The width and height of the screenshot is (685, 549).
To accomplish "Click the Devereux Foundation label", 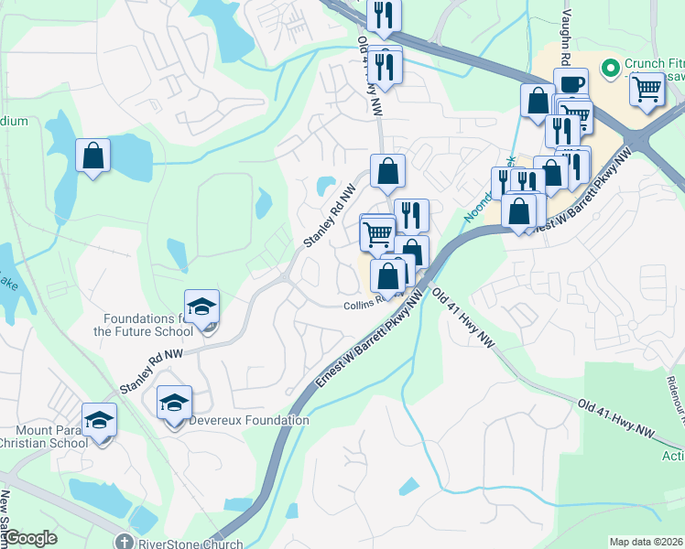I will (248, 420).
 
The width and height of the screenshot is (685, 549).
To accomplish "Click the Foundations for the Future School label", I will (142, 325).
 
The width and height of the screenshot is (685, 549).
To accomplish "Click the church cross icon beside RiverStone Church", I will (125, 542).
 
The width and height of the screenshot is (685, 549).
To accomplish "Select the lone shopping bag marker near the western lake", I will (92, 156).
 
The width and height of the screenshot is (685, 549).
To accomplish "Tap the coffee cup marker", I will (571, 84).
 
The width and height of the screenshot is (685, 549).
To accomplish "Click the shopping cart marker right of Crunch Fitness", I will (647, 90).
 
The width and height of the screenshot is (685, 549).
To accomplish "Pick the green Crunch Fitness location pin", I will (610, 67).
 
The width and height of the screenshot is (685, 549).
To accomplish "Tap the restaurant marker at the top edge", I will (384, 14).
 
